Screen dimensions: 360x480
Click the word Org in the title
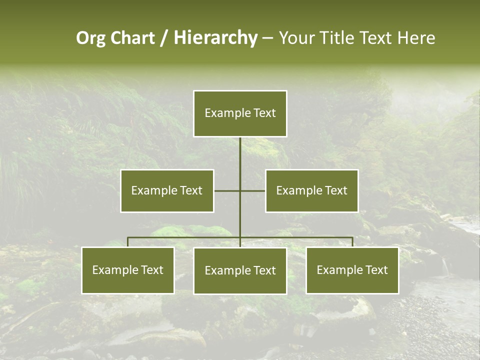(x=91, y=38)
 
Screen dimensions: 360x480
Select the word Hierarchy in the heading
(x=215, y=38)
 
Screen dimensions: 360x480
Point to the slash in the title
(x=164, y=38)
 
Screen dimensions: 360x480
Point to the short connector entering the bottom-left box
(x=127, y=242)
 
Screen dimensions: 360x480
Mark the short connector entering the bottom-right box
(x=352, y=242)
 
